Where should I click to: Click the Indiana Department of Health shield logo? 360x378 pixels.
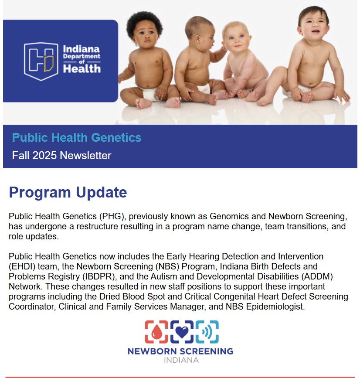[x=41, y=61]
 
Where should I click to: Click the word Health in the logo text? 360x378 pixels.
[x=82, y=68]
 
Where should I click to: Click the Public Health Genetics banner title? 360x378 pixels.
[x=77, y=138]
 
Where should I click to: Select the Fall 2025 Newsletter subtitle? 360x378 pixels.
[x=61, y=156]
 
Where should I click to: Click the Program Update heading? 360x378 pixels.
[x=68, y=192]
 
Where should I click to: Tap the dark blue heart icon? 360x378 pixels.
[x=182, y=332]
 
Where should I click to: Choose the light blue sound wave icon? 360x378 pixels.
[x=207, y=332]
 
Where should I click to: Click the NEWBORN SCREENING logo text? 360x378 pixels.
[x=180, y=351]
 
